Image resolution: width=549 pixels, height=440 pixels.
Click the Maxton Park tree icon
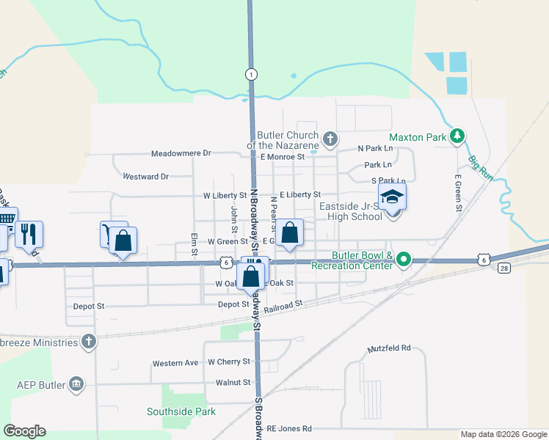pyautogui.click(x=458, y=136)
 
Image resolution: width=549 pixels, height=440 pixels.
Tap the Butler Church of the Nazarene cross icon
pyautogui.click(x=330, y=137)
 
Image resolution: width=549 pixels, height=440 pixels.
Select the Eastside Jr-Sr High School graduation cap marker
pyautogui.click(x=392, y=196)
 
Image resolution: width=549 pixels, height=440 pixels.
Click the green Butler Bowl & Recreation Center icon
pyautogui.click(x=403, y=260)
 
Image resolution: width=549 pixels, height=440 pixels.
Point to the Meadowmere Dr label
pyautogui.click(x=181, y=154)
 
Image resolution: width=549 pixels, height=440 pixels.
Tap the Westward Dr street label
pyautogui.click(x=145, y=177)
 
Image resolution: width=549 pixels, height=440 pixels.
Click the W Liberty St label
pyautogui.click(x=225, y=196)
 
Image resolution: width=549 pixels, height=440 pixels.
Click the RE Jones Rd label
pyautogui.click(x=289, y=428)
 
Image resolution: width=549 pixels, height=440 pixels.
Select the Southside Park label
pyautogui.click(x=181, y=411)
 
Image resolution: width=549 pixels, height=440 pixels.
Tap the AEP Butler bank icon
pyautogui.click(x=76, y=384)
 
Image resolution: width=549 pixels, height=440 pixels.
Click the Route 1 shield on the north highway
pyautogui.click(x=252, y=74)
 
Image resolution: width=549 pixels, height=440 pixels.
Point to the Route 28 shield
pyautogui.click(x=504, y=269)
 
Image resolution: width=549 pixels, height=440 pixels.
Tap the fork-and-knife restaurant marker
pyautogui.click(x=29, y=233)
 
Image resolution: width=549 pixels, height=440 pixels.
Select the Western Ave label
pyautogui.click(x=175, y=364)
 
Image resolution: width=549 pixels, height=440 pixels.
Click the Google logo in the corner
pyautogui.click(x=24, y=431)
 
